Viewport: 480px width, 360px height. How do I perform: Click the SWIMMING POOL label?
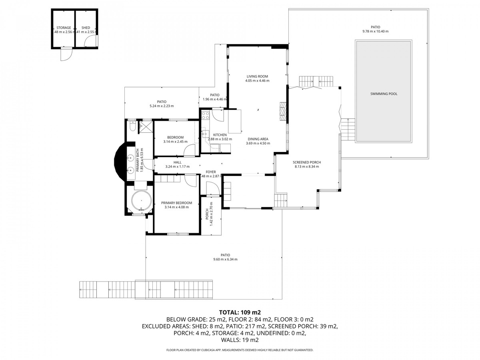pyautogui.click(x=384, y=94)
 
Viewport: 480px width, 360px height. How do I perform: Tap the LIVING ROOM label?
pyautogui.click(x=257, y=76)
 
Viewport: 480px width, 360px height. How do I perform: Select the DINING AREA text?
pyautogui.click(x=257, y=139)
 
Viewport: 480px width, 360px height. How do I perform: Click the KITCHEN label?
pyautogui.click(x=220, y=135)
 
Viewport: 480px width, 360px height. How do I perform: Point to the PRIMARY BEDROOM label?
pyautogui.click(x=176, y=203)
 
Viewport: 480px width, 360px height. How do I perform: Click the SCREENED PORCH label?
pyautogui.click(x=307, y=162)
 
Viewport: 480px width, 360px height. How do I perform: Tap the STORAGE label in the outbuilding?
pyautogui.click(x=64, y=28)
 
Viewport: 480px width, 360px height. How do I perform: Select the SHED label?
pyautogui.click(x=86, y=28)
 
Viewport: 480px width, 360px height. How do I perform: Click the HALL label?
pyautogui.click(x=177, y=162)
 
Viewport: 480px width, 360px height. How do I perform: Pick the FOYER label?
pyautogui.click(x=211, y=172)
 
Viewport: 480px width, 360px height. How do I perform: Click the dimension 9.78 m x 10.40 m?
pyautogui.click(x=375, y=31)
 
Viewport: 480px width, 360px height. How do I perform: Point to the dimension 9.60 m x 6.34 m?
pyautogui.click(x=226, y=259)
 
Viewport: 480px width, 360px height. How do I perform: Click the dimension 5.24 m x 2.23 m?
pyautogui.click(x=162, y=106)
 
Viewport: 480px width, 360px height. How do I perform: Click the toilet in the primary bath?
pyautogui.click(x=132, y=127)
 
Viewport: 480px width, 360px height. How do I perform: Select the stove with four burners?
pyautogui.click(x=205, y=116)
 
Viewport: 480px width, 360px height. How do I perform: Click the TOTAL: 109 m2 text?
pyautogui.click(x=240, y=312)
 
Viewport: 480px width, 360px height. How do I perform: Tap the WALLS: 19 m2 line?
pyautogui.click(x=240, y=340)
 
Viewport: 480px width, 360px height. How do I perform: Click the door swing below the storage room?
pyautogui.click(x=66, y=54)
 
